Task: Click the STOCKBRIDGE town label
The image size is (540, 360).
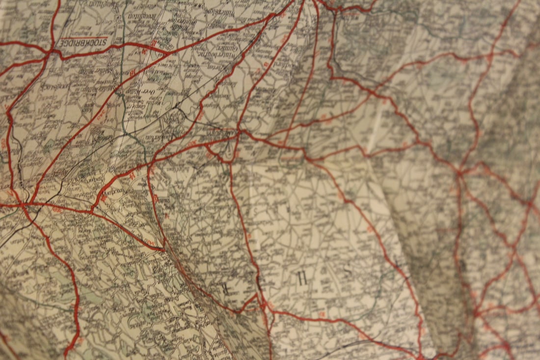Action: (x=83, y=43)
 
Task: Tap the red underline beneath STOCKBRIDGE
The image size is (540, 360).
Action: (x=83, y=37)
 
